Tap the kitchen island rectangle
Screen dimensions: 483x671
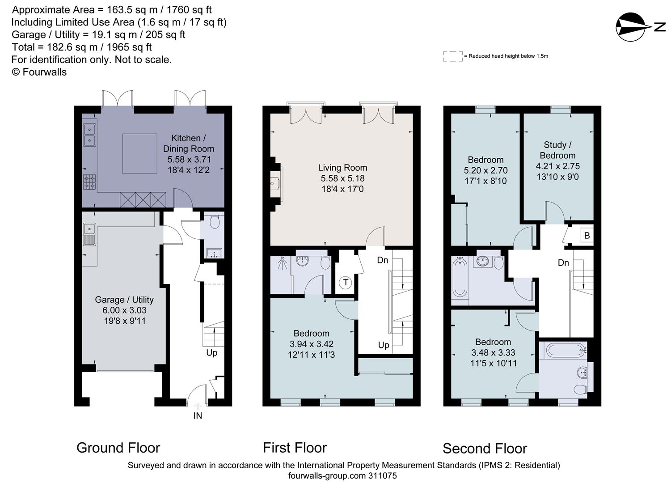pos(140,153)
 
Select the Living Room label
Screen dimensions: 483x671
pos(342,168)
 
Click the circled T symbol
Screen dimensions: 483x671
pos(345,283)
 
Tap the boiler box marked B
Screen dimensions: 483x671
pos(587,236)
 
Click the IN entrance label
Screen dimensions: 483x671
pos(198,415)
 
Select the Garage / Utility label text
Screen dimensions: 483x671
pos(124,300)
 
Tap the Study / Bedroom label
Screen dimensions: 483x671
pos(557,150)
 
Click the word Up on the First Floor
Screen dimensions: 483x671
pos(384,345)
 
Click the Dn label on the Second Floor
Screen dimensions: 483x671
pos(563,263)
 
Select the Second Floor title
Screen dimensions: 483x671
pos(485,448)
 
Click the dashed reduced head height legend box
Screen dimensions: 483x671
pos(452,56)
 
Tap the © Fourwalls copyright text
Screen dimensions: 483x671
pos(39,72)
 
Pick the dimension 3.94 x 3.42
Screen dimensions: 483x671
pos(311,344)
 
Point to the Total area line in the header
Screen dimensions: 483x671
pos(81,47)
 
